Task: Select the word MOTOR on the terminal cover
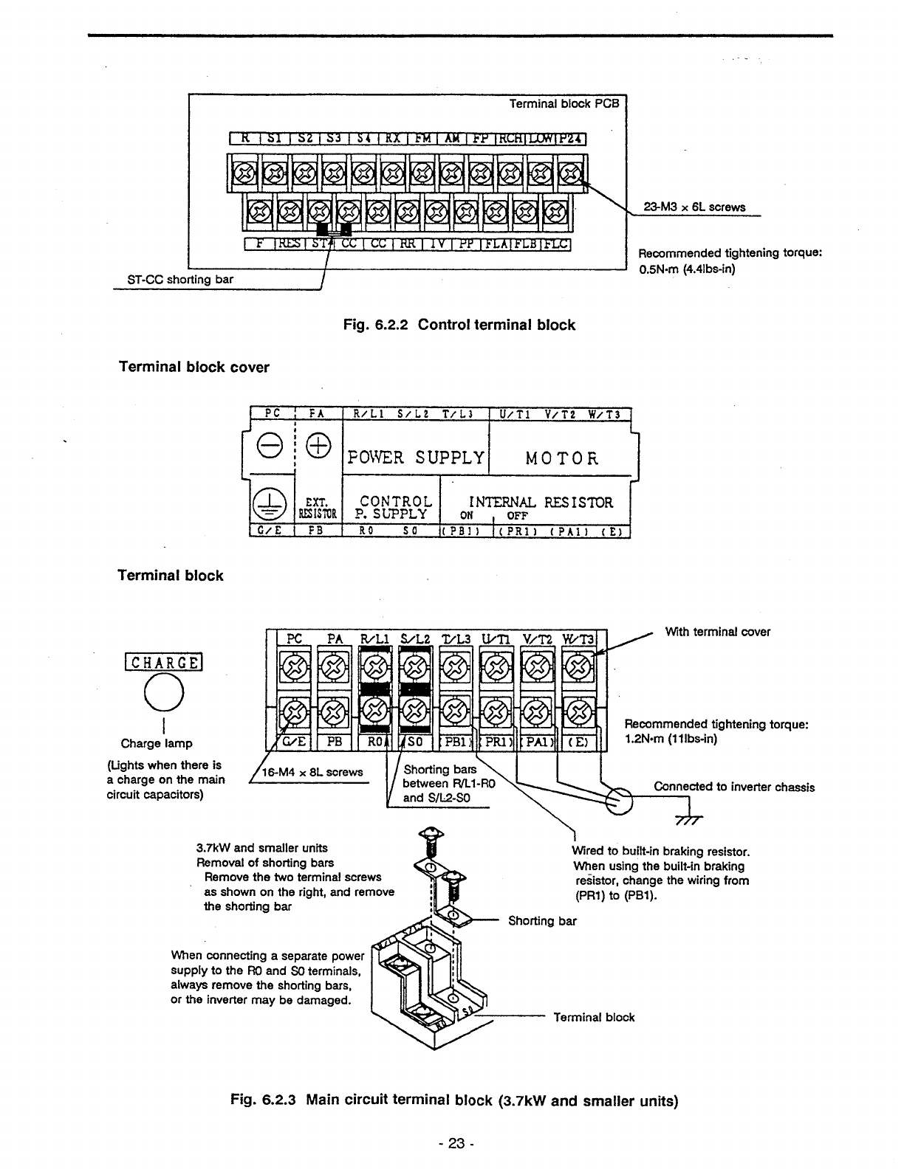pyautogui.click(x=561, y=458)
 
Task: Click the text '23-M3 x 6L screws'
pyautogui.click(x=694, y=207)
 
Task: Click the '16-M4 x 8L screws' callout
pyautogui.click(x=312, y=773)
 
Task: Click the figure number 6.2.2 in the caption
pyautogui.click(x=388, y=325)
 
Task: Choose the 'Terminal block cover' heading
pyautogui.click(x=194, y=368)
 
